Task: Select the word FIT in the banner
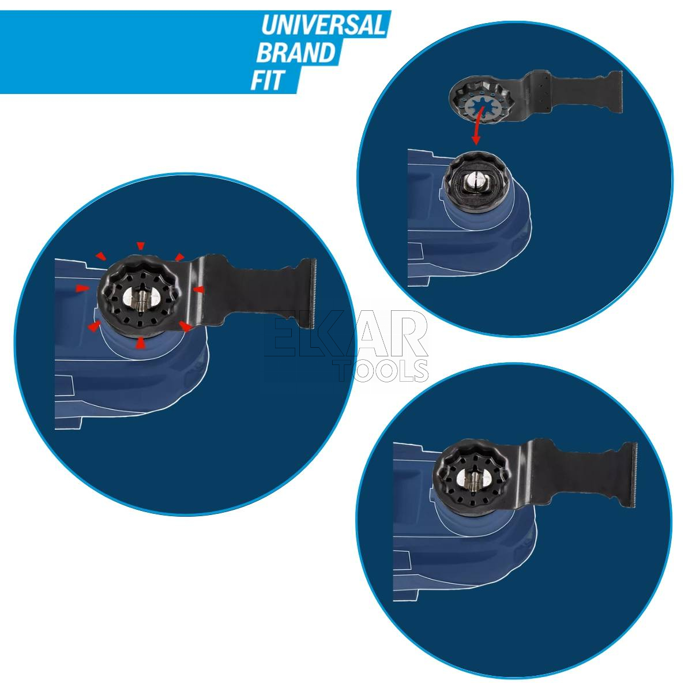(x=268, y=80)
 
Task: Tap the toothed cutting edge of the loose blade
(x=620, y=92)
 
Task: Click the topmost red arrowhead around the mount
(x=140, y=246)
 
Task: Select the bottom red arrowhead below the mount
(x=140, y=343)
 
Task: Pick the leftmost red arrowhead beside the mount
(x=83, y=288)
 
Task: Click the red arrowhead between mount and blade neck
(x=198, y=289)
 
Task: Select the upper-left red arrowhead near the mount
(x=101, y=256)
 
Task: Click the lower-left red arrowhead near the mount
(x=94, y=326)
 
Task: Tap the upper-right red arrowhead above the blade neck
(x=179, y=257)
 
